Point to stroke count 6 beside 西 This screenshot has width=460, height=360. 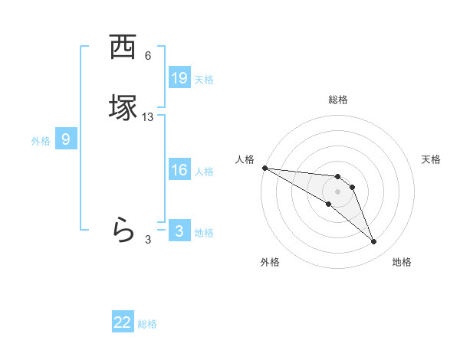tap(148, 56)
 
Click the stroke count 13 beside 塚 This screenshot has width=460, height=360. tap(148, 117)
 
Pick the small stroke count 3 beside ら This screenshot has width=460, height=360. tap(148, 240)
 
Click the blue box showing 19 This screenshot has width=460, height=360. tap(179, 78)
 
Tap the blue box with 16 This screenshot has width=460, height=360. tap(179, 170)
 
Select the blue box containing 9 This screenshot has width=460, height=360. tap(66, 139)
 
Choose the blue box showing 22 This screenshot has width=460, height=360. tap(123, 322)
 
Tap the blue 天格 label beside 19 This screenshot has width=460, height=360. tap(204, 80)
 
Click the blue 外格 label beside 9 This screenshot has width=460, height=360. tap(41, 141)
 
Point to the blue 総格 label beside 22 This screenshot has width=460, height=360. tap(147, 324)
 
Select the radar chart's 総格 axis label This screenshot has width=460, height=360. tap(338, 100)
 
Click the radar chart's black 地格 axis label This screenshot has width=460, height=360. tap(402, 262)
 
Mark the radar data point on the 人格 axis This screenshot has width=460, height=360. tap(264, 168)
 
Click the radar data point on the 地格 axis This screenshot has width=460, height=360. tap(373, 242)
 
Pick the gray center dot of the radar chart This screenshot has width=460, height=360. tap(338, 191)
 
